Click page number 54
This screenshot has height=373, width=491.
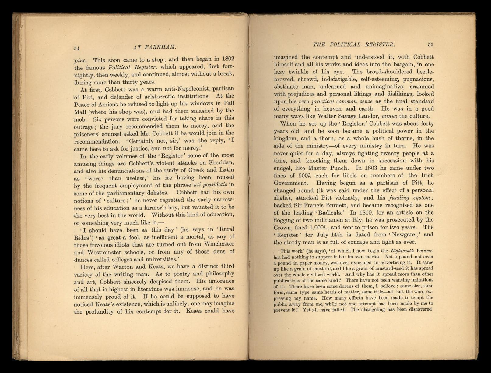tap(77, 48)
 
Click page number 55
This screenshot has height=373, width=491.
tap(430, 44)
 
